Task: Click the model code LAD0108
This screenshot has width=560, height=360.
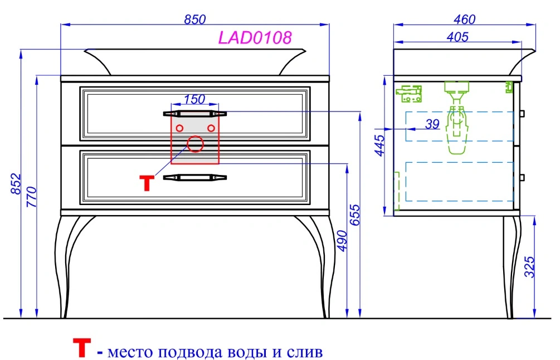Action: coord(255,37)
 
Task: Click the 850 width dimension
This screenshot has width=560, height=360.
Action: coord(195,20)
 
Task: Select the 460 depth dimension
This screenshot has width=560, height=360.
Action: coord(464,20)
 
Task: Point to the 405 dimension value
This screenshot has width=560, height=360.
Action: coord(457,37)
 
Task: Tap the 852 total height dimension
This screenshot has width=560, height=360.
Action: coord(16,184)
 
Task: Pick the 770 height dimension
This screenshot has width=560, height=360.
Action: coord(31,197)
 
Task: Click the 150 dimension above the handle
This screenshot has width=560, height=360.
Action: coord(194,99)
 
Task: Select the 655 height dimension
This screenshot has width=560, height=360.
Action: coord(354,215)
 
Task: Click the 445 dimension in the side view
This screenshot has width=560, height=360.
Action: coord(379,145)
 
